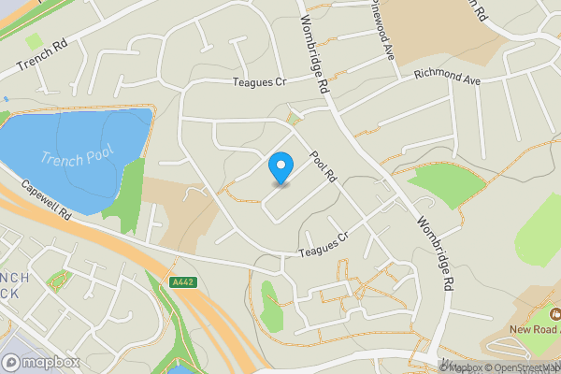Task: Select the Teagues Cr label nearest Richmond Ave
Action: (258, 82)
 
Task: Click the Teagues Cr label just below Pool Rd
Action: (323, 246)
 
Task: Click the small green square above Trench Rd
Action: (35, 41)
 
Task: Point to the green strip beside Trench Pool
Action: (129, 187)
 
